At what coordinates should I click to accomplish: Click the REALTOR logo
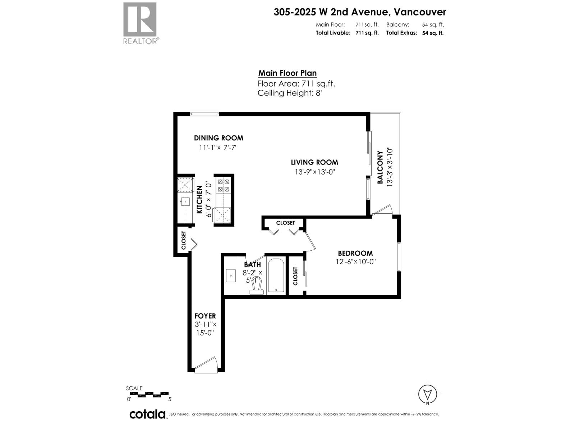click(140, 23)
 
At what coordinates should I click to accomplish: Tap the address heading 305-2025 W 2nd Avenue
click(359, 12)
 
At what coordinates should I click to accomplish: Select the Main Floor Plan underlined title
click(287, 73)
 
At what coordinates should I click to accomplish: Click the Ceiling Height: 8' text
click(291, 93)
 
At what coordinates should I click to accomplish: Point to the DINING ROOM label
click(218, 138)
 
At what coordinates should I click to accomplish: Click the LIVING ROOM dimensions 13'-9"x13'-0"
click(314, 172)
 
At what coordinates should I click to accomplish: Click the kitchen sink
click(185, 201)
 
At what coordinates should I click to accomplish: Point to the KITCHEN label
click(199, 200)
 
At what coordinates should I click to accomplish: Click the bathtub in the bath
click(276, 275)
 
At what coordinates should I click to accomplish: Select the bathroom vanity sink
click(230, 276)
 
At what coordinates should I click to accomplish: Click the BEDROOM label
click(355, 253)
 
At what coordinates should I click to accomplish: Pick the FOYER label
click(205, 316)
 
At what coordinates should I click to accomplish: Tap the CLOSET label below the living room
click(285, 223)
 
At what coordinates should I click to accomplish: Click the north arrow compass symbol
click(428, 395)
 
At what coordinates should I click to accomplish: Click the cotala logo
click(147, 414)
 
